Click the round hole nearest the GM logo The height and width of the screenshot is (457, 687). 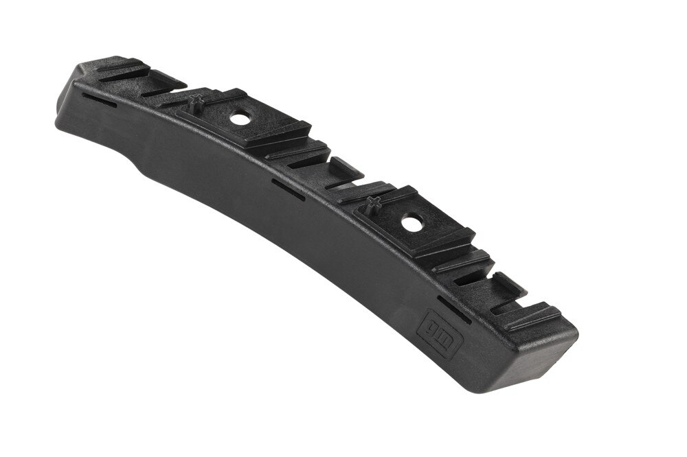point(411,223)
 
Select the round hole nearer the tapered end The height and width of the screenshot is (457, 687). point(240,119)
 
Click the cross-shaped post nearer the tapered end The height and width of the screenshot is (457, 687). point(195,100)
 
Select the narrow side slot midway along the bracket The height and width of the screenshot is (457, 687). point(288,189)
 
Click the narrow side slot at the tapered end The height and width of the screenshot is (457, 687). point(99,100)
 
